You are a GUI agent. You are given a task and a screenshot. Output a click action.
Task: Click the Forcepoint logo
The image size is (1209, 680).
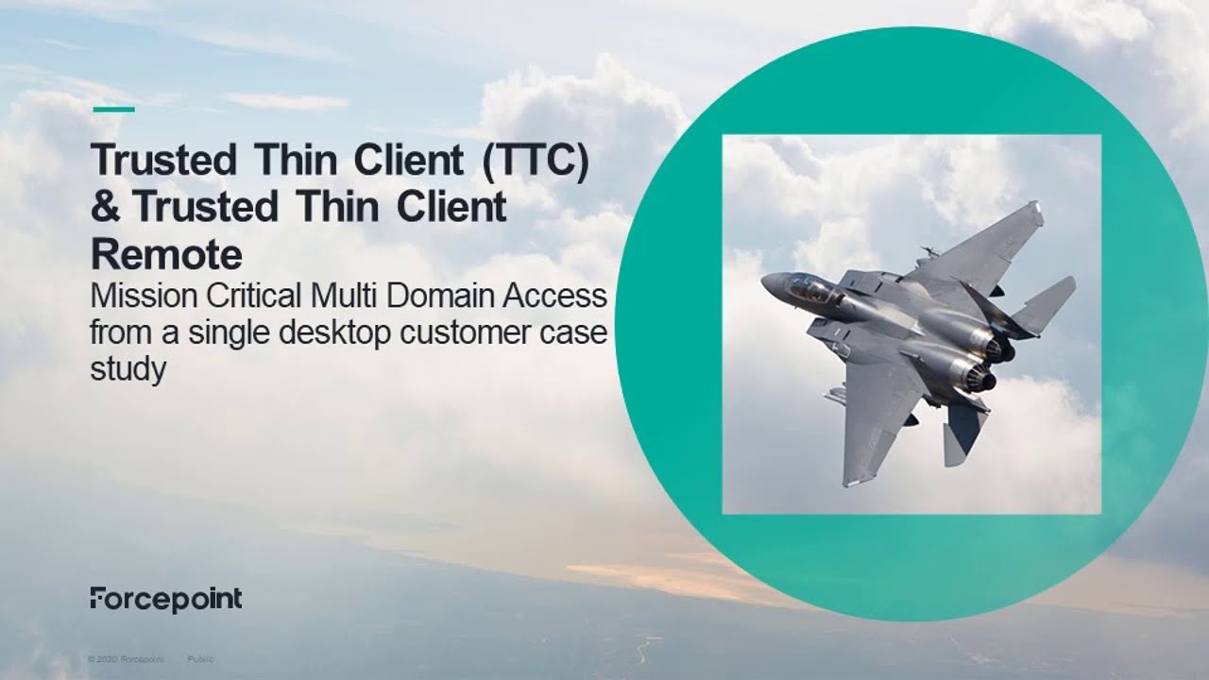pyautogui.click(x=166, y=599)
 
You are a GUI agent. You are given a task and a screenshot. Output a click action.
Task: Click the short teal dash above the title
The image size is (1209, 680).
pyautogui.click(x=114, y=110)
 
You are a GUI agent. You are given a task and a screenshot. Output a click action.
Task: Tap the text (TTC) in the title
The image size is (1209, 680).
pyautogui.click(x=535, y=161)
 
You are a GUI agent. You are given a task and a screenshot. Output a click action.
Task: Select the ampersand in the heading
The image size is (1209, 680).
pyautogui.click(x=106, y=208)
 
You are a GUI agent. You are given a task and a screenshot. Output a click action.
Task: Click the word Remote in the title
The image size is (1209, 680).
pyautogui.click(x=166, y=254)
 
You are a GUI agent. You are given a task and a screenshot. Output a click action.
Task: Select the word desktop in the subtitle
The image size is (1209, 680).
pyautogui.click(x=334, y=333)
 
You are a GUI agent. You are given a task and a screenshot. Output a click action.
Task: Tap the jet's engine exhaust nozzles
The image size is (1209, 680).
pyautogui.click(x=987, y=364)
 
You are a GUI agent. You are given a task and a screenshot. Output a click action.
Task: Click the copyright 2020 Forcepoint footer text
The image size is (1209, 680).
pyautogui.click(x=126, y=658)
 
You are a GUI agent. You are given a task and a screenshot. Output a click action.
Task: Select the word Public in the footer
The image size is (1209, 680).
pyautogui.click(x=200, y=658)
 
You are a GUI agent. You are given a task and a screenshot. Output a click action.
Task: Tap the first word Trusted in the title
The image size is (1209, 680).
pyautogui.click(x=162, y=161)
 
